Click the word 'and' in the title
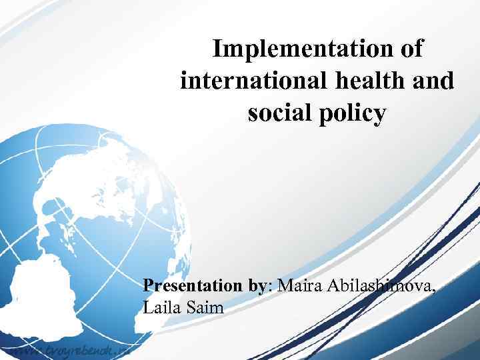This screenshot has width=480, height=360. tap(435, 81)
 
